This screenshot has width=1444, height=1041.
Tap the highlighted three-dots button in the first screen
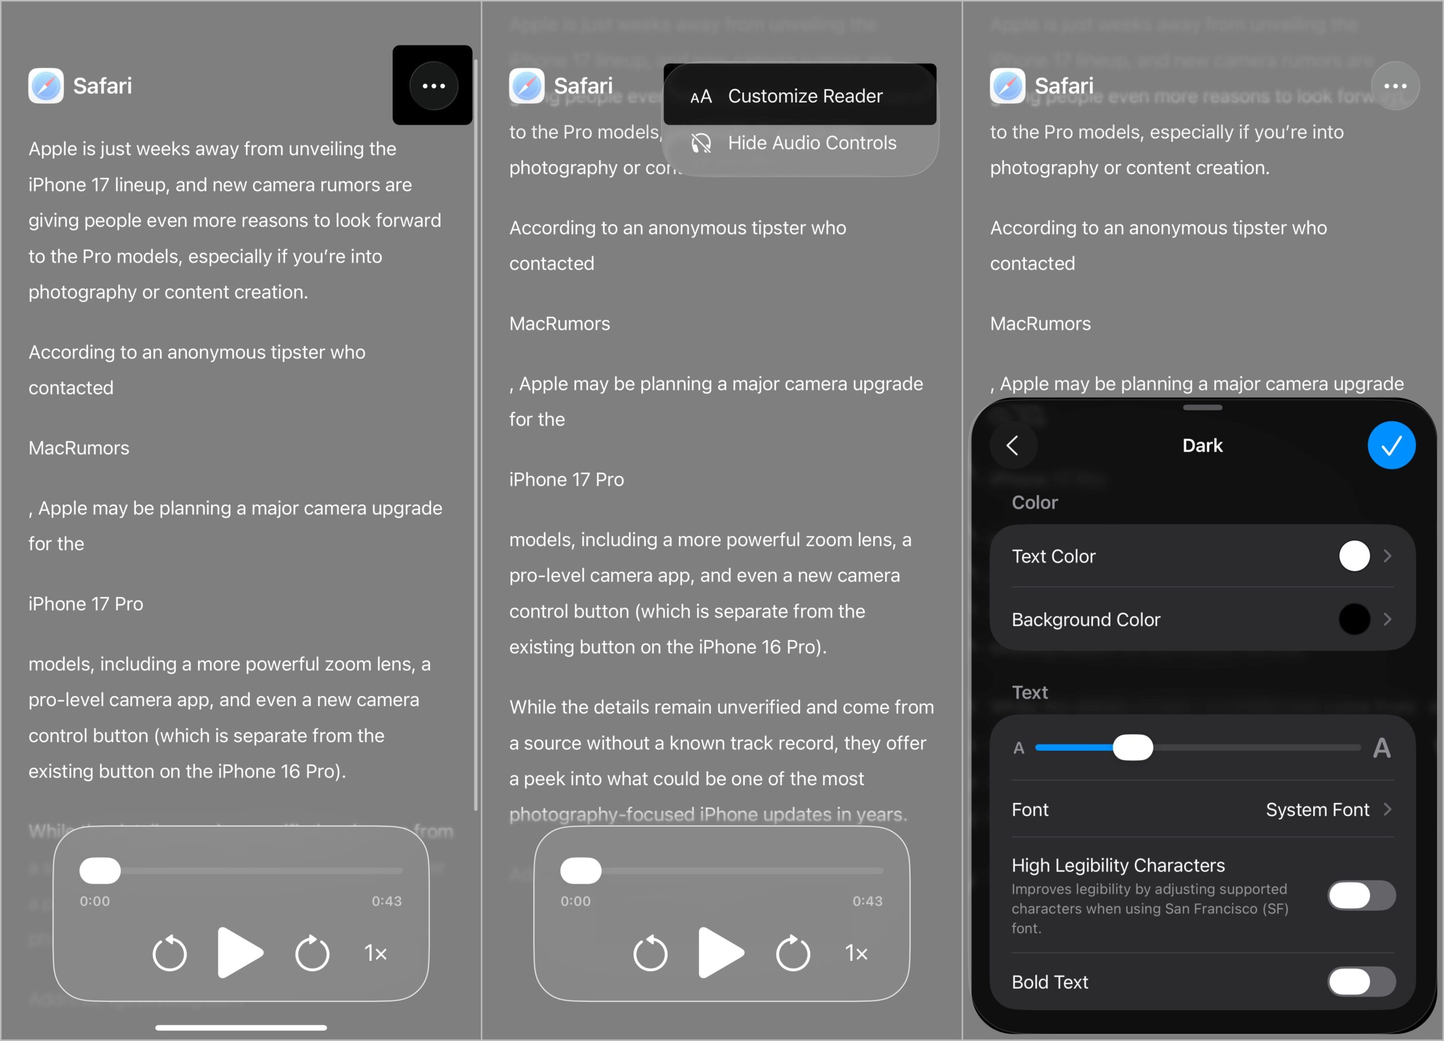[434, 86]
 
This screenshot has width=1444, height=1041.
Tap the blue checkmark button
[1391, 445]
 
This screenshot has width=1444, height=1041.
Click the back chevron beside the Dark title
[1013, 445]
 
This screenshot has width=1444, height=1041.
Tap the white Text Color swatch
[1354, 556]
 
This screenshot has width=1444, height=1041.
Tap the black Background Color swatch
[1354, 619]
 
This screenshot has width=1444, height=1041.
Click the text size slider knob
[1133, 748]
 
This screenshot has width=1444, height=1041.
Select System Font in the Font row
[1317, 809]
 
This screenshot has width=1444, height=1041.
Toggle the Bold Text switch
[1361, 982]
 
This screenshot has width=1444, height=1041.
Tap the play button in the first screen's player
[239, 953]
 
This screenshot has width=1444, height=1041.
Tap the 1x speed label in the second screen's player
[856, 953]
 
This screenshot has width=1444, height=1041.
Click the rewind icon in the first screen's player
[169, 953]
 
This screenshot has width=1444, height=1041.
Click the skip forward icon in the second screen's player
[793, 953]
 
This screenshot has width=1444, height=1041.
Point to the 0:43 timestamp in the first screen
[386, 901]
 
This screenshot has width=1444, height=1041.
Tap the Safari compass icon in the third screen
[1007, 86]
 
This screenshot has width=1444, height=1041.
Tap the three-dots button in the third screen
[1395, 86]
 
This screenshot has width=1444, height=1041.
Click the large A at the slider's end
[1381, 748]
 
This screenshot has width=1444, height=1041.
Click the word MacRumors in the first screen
[79, 448]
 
